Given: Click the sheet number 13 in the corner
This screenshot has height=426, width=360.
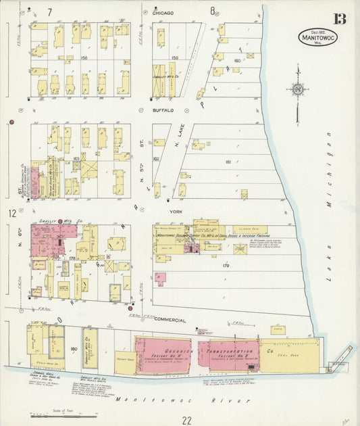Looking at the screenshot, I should (338, 18).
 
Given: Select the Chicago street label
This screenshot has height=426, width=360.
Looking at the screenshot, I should (163, 12).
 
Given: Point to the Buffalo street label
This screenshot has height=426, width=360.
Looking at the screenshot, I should (163, 110).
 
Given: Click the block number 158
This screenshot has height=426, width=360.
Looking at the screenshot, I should (85, 58).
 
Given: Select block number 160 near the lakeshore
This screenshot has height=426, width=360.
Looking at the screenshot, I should (236, 61).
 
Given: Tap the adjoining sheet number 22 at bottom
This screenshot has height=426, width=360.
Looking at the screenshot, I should (186, 420).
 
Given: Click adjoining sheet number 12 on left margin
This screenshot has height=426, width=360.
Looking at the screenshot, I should (11, 214).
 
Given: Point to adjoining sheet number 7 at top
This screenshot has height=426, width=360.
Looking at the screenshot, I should (49, 11).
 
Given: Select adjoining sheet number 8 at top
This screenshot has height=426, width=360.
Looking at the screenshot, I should (212, 11).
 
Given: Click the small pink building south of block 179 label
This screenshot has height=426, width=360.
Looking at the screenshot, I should (160, 279).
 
